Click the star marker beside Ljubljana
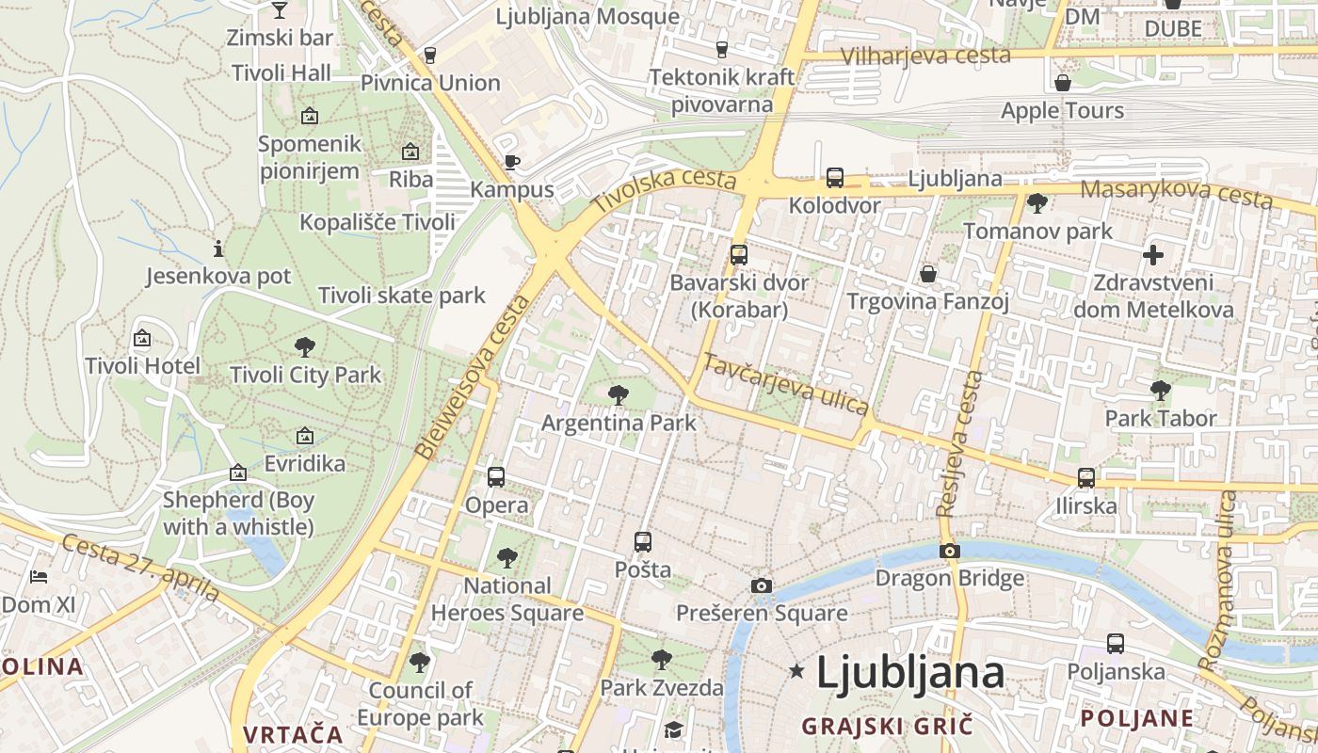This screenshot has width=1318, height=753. click(797, 671)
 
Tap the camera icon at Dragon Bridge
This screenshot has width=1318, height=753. click(950, 551)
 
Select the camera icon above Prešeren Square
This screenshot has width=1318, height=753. click(762, 586)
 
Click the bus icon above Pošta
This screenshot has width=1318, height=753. click(643, 542)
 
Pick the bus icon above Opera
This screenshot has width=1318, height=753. click(496, 477)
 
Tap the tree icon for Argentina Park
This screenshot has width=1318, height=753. click(618, 394)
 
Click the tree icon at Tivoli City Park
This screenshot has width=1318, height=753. click(305, 346)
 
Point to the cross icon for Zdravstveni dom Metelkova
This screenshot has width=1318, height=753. click(1153, 254)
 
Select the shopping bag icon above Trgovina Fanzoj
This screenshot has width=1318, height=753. click(928, 274)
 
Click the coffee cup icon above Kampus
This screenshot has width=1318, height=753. click(511, 162)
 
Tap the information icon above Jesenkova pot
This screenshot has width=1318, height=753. click(218, 248)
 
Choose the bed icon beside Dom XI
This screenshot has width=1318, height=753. click(39, 576)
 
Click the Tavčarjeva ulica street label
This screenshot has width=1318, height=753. click(786, 384)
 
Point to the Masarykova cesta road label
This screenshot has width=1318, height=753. click(1176, 193)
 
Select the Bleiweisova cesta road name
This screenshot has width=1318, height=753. click(472, 377)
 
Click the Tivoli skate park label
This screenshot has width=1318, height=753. click(402, 296)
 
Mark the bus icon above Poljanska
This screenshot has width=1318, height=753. click(1116, 644)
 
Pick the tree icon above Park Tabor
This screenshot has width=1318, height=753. click(1161, 390)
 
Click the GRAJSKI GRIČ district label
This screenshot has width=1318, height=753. click(886, 726)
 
